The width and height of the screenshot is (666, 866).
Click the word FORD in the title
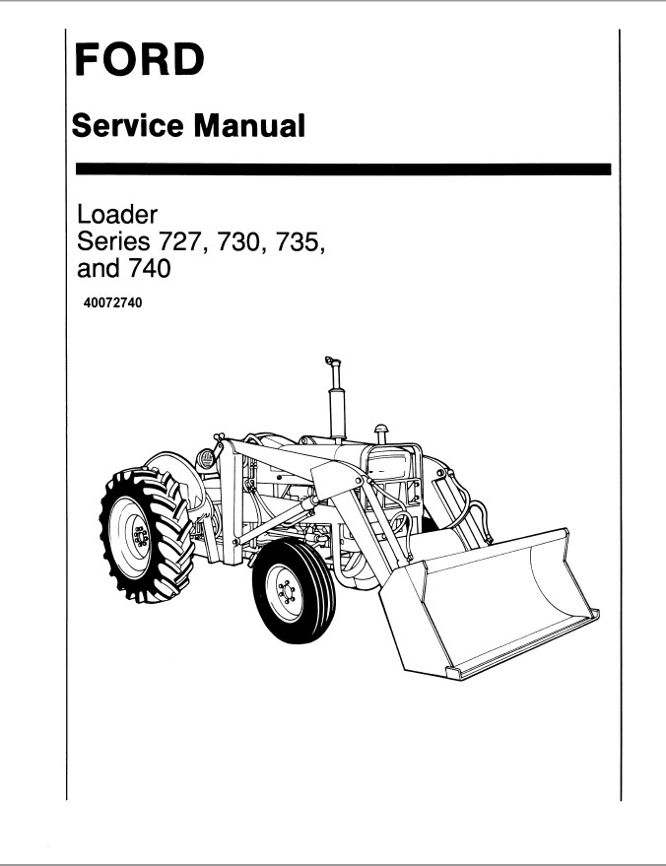140,59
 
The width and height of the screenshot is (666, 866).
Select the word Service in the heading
127,125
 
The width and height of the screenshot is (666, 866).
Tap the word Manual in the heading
249,125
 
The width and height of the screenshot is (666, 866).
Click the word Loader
117,215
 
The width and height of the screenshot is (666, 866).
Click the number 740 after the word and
148,268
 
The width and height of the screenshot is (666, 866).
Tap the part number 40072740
112,302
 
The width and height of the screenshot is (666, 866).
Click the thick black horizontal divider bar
343,169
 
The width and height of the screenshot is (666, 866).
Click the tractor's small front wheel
293,591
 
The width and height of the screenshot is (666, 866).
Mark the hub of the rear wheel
139,537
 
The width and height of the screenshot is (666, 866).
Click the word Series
113,242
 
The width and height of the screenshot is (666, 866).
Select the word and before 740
99,268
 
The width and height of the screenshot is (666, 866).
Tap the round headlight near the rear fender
206,459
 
